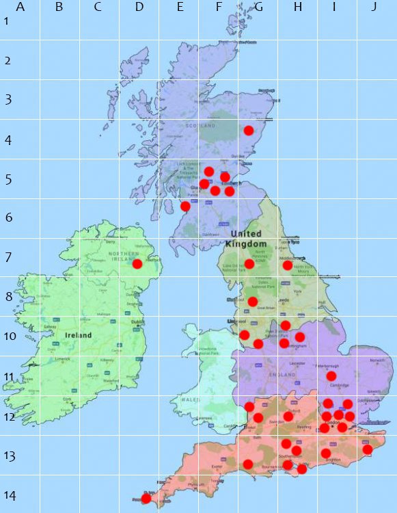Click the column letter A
coord(20,8)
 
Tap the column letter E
coord(180,8)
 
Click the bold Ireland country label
coord(79,336)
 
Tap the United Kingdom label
coord(246,239)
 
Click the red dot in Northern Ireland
coord(137,263)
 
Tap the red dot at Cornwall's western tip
coord(146,497)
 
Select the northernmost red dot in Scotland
coord(249,130)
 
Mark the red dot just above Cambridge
coord(331,376)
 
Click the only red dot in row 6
coord(185,206)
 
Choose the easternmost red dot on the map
coord(367,449)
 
